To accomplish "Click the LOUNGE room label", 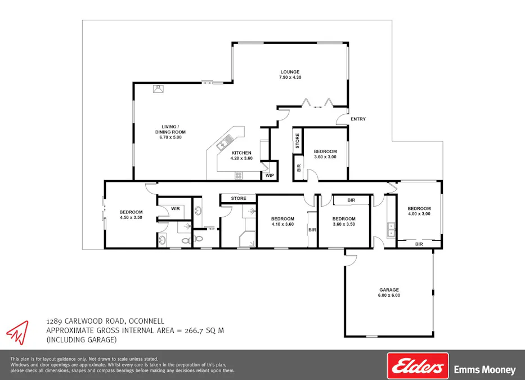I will click(291, 71).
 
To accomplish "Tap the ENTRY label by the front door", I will click(358, 119).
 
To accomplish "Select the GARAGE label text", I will click(389, 290).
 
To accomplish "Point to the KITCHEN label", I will click(241, 153).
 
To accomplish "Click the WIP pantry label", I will click(270, 176).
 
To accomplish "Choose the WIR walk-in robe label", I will click(175, 208).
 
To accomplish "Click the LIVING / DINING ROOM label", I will click(170, 129).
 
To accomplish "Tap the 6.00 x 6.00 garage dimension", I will click(389, 296).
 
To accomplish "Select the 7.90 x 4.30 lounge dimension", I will click(291, 77).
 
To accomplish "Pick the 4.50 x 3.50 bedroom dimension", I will click(131, 217).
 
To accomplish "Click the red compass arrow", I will click(17, 332).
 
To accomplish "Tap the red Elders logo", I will click(418, 366).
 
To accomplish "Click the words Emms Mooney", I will click(484, 370).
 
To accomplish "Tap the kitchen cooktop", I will click(239, 175).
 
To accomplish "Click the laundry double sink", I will click(391, 229).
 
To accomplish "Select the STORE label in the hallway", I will click(239, 198).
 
